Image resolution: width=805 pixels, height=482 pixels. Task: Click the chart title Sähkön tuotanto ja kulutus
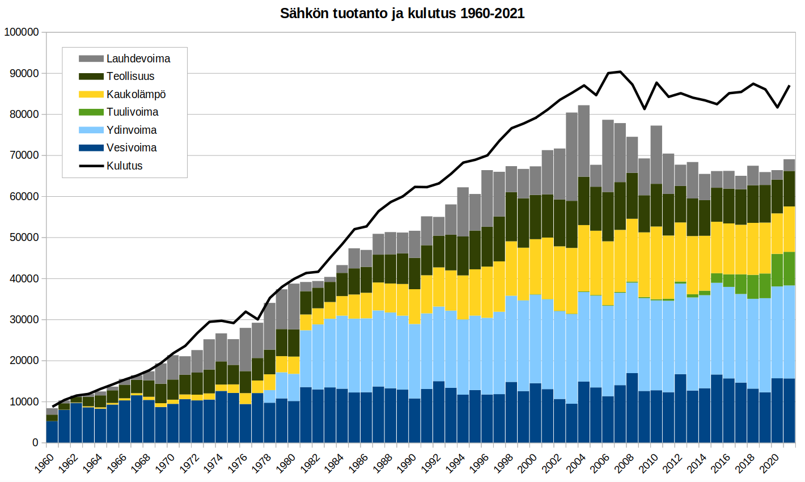point(402,14)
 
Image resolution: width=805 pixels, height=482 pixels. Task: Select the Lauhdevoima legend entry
point(138,58)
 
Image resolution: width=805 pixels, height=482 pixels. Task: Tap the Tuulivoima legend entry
point(132,112)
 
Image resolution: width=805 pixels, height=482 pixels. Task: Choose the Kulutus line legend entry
point(124,166)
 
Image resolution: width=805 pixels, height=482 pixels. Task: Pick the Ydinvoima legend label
point(132,130)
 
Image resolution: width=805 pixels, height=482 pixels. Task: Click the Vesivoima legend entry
point(132,147)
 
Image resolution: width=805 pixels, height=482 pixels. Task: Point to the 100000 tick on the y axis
point(21,32)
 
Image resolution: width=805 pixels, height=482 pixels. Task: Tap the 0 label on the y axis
point(35,443)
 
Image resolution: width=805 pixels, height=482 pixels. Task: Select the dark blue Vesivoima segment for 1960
point(52,432)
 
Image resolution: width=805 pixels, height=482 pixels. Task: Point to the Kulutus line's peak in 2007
point(620,71)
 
